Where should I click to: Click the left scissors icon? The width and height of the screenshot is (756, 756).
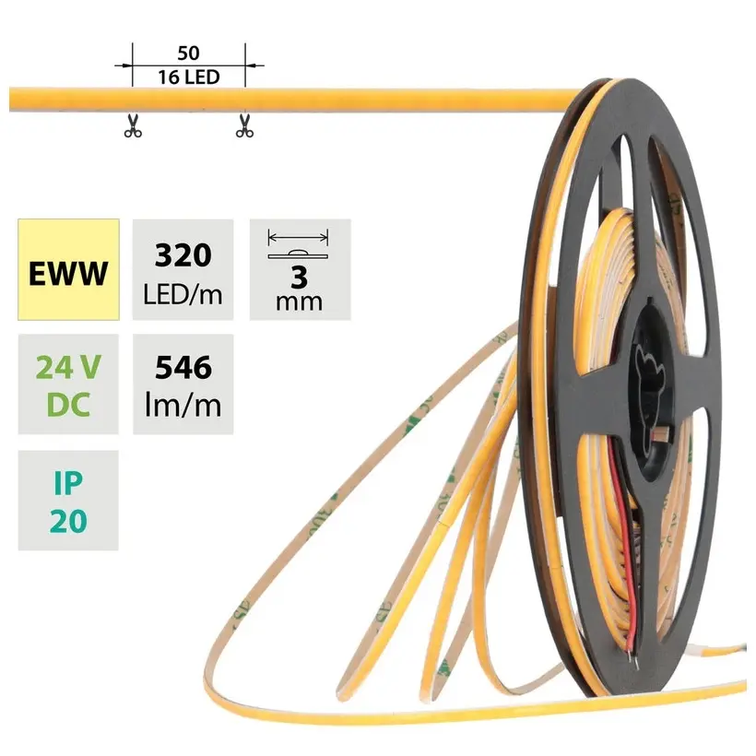(133, 125)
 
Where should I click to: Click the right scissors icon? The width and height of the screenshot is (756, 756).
(244, 125)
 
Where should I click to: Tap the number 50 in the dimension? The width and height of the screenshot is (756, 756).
(188, 53)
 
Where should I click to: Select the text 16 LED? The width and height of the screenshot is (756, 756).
(188, 77)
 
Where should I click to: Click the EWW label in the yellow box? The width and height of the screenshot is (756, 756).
(68, 274)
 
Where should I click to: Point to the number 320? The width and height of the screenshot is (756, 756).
(183, 255)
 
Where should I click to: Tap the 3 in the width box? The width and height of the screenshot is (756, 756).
(300, 278)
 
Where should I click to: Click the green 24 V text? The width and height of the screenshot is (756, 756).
(68, 367)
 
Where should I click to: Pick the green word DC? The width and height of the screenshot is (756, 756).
(68, 405)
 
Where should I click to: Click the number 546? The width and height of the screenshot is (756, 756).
(183, 367)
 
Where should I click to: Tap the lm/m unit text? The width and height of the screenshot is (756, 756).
(183, 405)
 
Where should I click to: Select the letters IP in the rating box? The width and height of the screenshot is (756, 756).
(68, 483)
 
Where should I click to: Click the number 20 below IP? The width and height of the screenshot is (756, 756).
(68, 521)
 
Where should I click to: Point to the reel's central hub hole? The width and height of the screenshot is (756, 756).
(650, 391)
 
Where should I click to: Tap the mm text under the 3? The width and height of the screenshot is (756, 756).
(299, 301)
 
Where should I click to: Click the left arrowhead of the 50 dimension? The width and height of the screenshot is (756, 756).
(127, 65)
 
